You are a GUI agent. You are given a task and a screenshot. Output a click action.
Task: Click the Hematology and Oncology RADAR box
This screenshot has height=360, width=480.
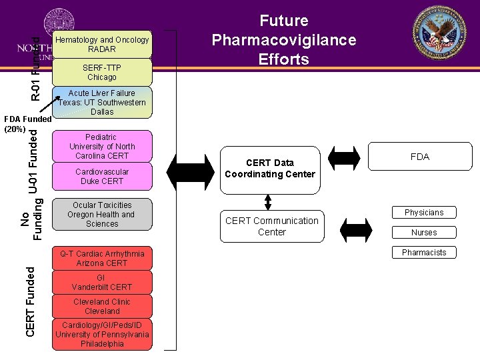102,45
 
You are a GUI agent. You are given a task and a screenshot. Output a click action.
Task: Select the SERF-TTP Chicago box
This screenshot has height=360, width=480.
102,73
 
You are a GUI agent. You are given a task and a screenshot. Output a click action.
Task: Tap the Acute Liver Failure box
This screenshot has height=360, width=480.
102,103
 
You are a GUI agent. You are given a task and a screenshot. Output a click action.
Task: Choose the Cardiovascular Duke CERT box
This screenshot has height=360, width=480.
102,177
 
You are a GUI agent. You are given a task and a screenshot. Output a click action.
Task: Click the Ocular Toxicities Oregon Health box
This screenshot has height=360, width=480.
102,215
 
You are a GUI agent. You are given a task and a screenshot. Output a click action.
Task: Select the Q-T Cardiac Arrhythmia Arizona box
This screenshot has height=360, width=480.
102,259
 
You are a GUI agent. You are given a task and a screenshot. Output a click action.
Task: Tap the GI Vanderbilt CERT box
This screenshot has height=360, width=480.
102,283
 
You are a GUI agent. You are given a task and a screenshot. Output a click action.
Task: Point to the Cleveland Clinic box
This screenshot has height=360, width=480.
102,307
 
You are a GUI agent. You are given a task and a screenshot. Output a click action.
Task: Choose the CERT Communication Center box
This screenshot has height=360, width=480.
271,226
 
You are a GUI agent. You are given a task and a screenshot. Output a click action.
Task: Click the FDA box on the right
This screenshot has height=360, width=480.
419,157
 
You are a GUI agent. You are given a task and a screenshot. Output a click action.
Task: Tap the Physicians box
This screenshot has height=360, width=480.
424,213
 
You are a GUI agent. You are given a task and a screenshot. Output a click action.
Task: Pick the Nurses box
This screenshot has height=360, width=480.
424,233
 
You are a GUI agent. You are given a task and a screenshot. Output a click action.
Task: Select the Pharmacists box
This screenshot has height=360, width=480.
424,253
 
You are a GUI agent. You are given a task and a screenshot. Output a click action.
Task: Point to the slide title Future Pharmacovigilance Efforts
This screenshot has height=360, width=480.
284,40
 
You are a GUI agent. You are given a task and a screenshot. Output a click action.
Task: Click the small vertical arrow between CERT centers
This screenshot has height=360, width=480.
269,201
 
